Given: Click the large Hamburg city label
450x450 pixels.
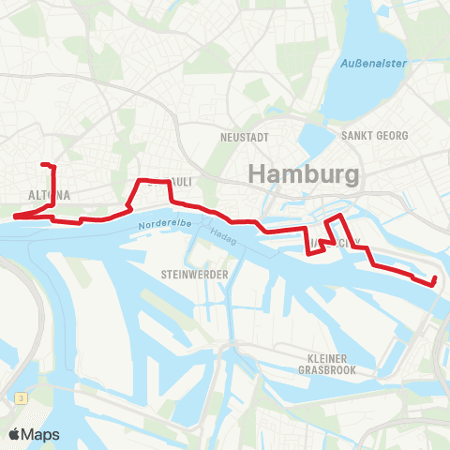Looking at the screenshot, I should (x=303, y=174).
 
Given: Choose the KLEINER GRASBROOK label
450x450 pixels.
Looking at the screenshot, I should (x=327, y=364).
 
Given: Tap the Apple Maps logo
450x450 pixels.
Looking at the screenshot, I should (x=34, y=434).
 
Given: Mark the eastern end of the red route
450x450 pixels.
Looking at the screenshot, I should (x=435, y=281).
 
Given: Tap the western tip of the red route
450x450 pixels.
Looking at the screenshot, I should (x=14, y=217).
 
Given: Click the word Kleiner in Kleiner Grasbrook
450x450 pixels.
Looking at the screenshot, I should (x=327, y=358).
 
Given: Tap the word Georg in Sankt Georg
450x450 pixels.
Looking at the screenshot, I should (x=392, y=136).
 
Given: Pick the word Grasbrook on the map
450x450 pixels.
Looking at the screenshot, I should (x=327, y=369).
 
